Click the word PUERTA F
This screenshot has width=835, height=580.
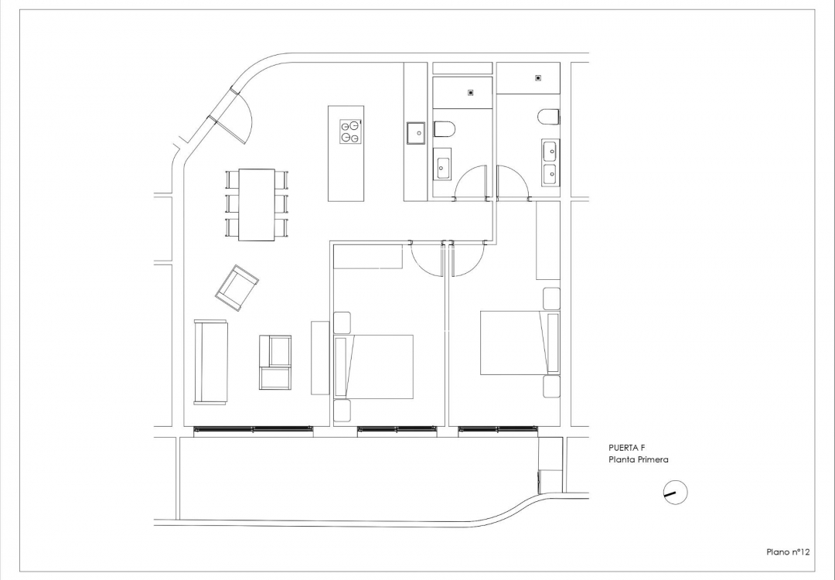[627, 448]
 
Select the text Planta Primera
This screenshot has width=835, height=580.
[639, 460]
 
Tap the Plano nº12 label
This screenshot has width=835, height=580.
[787, 551]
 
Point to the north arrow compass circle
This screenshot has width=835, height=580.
[676, 492]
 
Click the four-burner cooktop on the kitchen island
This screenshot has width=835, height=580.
[350, 131]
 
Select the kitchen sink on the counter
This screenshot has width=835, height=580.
[416, 133]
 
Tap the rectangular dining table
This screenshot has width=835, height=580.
[257, 204]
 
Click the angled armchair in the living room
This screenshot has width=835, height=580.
[237, 288]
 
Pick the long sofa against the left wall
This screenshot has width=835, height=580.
[210, 362]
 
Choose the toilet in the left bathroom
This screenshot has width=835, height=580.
[446, 128]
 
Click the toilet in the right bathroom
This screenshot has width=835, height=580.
[549, 117]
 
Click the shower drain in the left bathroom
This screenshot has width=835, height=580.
[471, 93]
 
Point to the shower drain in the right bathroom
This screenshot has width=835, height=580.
[537, 77]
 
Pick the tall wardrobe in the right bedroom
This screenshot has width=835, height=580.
[547, 240]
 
